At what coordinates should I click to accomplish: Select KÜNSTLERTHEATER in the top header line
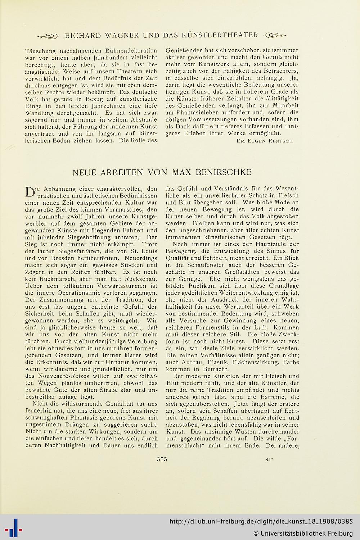tap(223, 35)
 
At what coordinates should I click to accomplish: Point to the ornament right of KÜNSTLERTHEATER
tap(275, 35)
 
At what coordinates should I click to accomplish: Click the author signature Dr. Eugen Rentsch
tap(265, 141)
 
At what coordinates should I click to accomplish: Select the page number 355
tap(162, 459)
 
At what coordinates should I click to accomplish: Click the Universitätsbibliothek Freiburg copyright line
tap(302, 533)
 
